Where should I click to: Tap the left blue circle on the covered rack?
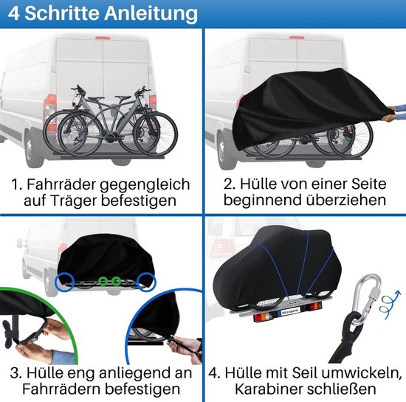(x=62, y=282)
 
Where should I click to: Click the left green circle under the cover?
(x=103, y=282)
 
